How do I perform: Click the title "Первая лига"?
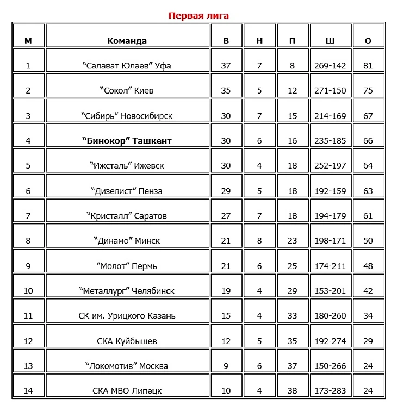[x=199, y=16]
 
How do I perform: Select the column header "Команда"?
[x=127, y=41]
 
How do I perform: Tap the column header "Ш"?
[x=330, y=41]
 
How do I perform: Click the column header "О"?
[x=368, y=41]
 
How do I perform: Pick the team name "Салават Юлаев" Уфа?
[x=127, y=66]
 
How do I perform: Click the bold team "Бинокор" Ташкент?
[x=127, y=141]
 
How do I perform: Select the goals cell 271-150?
[x=330, y=91]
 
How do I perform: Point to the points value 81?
[x=368, y=66]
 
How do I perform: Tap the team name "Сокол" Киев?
[x=127, y=91]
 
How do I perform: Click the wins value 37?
[x=226, y=66]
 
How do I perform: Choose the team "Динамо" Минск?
[x=127, y=241]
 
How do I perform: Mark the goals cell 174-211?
[x=330, y=266]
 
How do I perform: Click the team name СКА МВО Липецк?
[x=127, y=391]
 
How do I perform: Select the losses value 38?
[x=293, y=391]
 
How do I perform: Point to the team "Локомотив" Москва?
[x=127, y=366]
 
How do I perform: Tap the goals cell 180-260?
[x=330, y=316]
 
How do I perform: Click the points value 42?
[x=368, y=291]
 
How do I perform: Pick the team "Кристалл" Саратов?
[x=127, y=216]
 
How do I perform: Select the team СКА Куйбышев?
[x=127, y=341]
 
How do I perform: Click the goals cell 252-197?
[x=330, y=166]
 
